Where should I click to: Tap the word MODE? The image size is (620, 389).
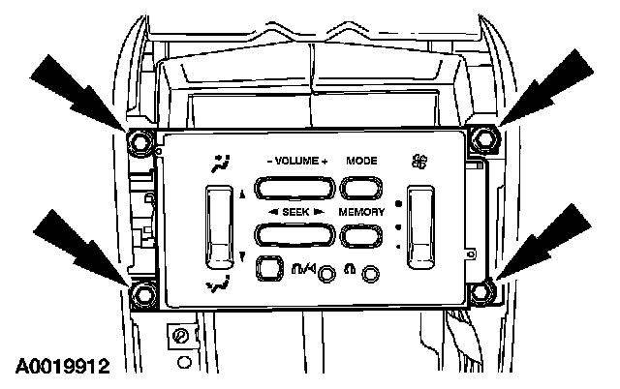click(361, 161)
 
